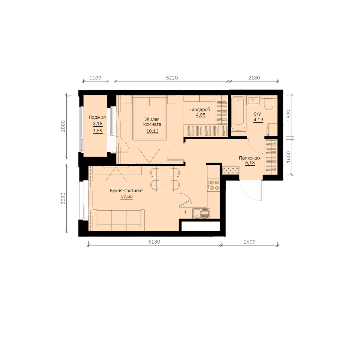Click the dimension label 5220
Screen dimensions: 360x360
172,77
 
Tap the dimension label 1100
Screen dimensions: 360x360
95,77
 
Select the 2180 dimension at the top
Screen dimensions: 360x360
254,77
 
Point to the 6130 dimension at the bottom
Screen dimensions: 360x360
154,242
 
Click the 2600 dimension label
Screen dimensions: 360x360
250,242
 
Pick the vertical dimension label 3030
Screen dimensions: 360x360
63,198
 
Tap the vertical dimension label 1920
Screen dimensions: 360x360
288,115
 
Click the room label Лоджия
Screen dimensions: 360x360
97,117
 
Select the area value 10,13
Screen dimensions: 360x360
152,131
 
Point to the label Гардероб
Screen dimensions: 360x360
200,109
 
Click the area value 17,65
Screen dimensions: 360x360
127,196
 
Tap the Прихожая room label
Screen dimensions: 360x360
250,158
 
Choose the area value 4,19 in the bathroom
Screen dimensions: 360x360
258,120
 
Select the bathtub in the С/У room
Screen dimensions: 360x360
238,113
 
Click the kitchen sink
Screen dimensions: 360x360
201,213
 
